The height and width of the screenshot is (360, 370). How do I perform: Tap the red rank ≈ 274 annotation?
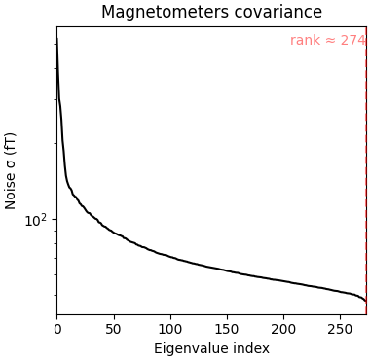coord(327,41)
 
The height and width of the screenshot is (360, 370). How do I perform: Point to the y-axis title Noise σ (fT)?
coord(12,170)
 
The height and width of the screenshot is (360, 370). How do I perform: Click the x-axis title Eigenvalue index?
coord(210,348)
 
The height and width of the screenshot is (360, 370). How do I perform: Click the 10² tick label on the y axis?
coord(35,220)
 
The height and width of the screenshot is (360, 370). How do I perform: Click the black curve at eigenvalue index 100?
coord(170,257)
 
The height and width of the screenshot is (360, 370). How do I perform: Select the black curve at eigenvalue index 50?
coord(114,234)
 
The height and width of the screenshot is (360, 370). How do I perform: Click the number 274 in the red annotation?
coord(351,41)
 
